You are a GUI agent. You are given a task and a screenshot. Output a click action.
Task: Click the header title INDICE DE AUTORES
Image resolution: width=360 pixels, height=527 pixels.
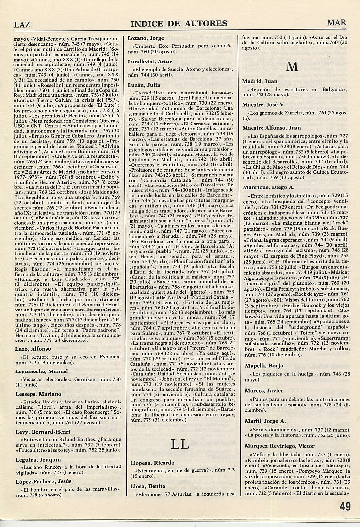(x=179, y=23)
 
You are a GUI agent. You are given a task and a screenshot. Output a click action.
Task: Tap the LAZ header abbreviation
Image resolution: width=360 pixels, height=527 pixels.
(x=23, y=24)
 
